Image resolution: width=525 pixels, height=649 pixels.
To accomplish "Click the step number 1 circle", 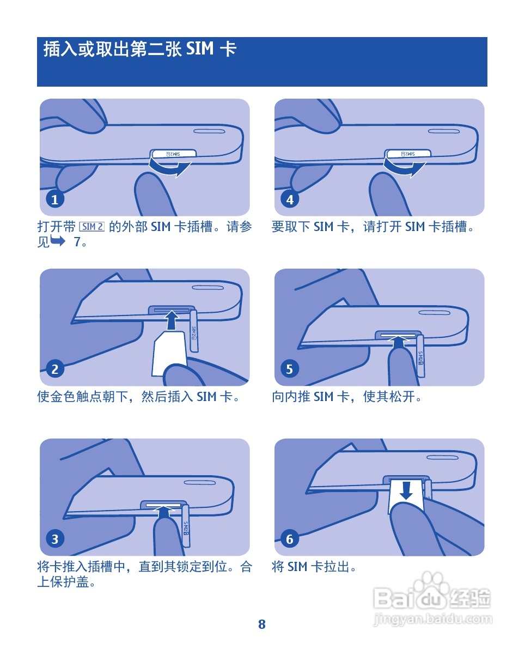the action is click(54, 199).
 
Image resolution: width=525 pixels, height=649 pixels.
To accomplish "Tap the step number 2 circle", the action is click(54, 369).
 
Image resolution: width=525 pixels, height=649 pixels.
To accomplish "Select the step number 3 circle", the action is click(54, 539).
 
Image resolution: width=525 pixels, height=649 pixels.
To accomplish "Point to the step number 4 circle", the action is click(290, 199).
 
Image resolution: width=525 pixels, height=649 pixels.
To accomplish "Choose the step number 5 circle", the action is click(290, 369).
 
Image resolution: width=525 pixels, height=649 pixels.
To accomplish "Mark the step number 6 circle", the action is click(290, 539).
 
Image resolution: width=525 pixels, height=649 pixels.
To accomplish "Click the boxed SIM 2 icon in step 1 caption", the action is click(92, 226).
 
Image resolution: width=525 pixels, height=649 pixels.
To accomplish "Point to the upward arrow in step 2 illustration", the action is click(171, 321).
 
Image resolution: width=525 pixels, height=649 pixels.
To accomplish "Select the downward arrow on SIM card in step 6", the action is click(406, 490).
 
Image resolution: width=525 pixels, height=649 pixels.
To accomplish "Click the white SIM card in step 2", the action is click(169, 352).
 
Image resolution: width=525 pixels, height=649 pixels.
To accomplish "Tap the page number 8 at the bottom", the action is click(262, 624).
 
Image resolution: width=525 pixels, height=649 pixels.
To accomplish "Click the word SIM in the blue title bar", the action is click(200, 49).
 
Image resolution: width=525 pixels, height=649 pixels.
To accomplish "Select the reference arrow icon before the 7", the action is click(58, 240).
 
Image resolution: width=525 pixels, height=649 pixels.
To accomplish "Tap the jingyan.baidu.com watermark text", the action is click(433, 619).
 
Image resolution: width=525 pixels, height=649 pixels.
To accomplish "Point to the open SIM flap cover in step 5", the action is click(420, 356).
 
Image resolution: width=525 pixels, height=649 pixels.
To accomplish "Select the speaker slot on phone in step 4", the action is click(444, 132).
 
